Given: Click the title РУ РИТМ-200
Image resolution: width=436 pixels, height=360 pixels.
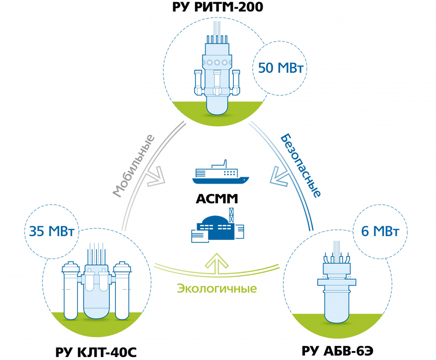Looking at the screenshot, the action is click(218, 7).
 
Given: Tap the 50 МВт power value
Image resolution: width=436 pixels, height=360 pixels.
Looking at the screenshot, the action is click(280, 68).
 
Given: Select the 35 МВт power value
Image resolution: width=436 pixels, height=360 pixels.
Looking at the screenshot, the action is click(52, 231).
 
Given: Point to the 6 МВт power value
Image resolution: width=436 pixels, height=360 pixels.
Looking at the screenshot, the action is click(380, 231).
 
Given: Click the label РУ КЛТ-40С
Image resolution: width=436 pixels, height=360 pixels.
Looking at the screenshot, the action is click(96, 352).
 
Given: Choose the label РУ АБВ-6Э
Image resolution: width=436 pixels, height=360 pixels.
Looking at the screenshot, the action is click(338, 351).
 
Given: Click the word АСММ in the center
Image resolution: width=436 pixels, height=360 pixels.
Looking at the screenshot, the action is click(217, 199).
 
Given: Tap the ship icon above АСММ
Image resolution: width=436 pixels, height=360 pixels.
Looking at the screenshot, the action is click(221, 172).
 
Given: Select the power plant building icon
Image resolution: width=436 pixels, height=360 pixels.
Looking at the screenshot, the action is click(218, 225).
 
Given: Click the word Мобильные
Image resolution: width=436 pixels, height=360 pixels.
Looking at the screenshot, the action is click(134, 165).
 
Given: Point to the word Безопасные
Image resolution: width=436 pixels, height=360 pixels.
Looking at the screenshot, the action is click(300, 165).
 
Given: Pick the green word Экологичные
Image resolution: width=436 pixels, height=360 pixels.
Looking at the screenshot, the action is click(217, 289).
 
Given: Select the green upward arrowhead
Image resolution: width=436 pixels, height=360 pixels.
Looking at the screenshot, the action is click(217, 261).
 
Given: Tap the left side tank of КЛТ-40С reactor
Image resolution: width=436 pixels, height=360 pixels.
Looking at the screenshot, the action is click(71, 291).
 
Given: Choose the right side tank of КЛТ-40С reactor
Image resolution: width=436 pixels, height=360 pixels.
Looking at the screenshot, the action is click(122, 291).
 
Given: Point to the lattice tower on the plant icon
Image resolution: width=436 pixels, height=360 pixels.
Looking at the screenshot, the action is click(231, 215).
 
